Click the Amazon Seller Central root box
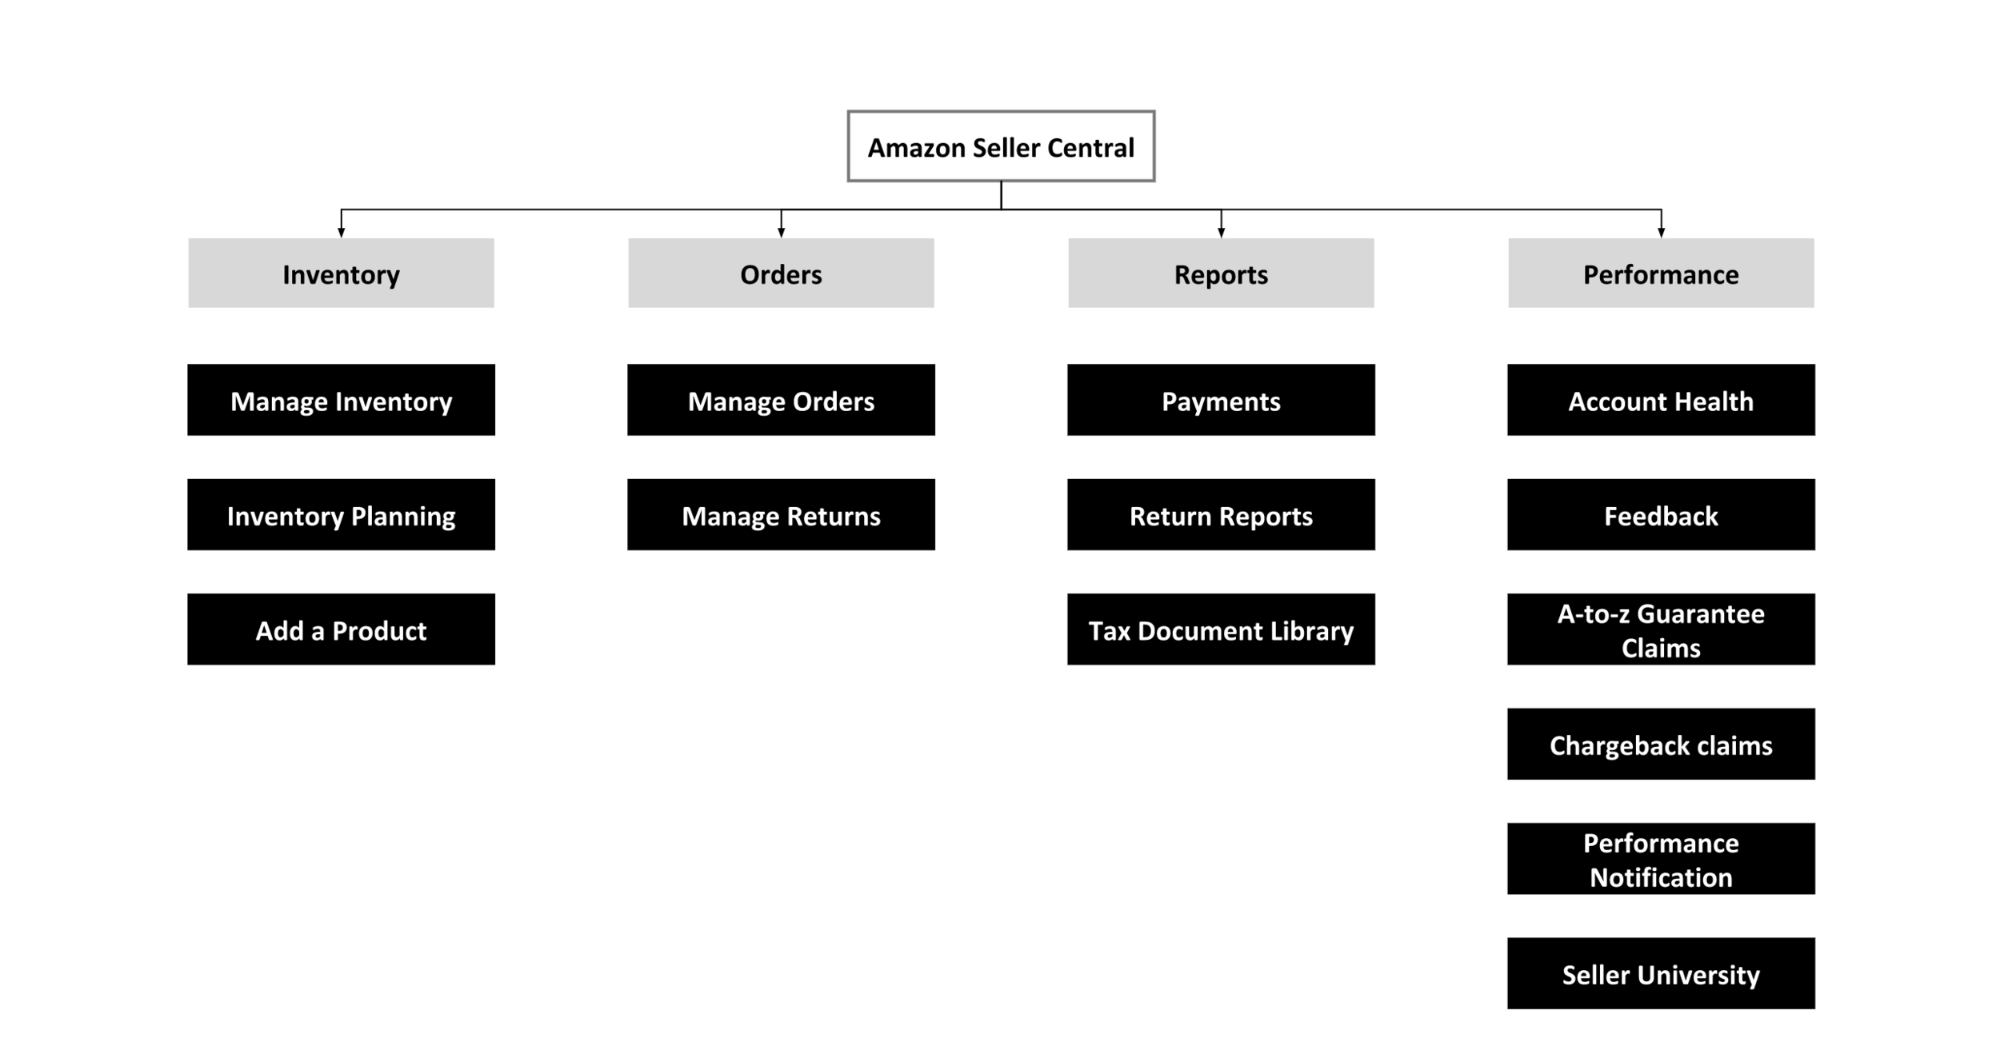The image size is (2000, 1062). tap(1001, 146)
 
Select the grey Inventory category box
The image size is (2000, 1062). tap(341, 273)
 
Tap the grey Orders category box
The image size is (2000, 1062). tap(781, 273)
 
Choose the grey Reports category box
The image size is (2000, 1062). tap(1221, 273)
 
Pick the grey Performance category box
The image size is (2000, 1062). tap(1661, 273)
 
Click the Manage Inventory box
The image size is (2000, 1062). tap(341, 400)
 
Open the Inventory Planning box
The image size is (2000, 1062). tap(341, 514)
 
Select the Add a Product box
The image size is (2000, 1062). tap(341, 629)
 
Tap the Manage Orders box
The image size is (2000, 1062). tap(781, 400)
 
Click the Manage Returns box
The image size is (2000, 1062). tap(781, 514)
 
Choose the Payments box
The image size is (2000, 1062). tap(1221, 400)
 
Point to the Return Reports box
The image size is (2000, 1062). tap(1221, 514)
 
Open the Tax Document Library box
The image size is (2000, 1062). tap(1221, 629)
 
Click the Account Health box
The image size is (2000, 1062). tap(1661, 400)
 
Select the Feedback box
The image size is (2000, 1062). tap(1661, 514)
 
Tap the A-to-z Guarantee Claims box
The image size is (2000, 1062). tap(1661, 629)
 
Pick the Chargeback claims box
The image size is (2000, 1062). tap(1661, 744)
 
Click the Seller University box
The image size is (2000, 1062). tap(1661, 973)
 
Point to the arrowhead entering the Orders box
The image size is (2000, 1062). tap(781, 233)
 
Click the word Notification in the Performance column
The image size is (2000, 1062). tap(1661, 877)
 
